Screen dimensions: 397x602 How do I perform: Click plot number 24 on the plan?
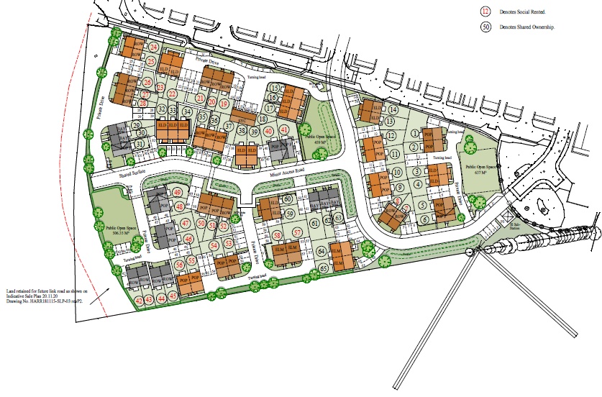tap(152, 47)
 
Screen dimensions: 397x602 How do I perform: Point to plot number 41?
tap(284, 129)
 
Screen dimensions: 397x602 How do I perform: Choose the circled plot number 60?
tap(288, 199)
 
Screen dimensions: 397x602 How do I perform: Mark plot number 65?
tap(323, 268)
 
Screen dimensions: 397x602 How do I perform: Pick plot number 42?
tap(139, 299)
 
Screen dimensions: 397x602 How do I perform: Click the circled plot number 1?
tap(415, 132)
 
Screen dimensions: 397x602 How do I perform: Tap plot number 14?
tap(393, 109)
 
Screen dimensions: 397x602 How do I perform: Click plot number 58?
tap(278, 235)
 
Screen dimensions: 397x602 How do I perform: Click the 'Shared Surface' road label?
tap(134, 173)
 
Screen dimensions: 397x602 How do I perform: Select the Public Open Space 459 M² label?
tap(317, 139)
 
